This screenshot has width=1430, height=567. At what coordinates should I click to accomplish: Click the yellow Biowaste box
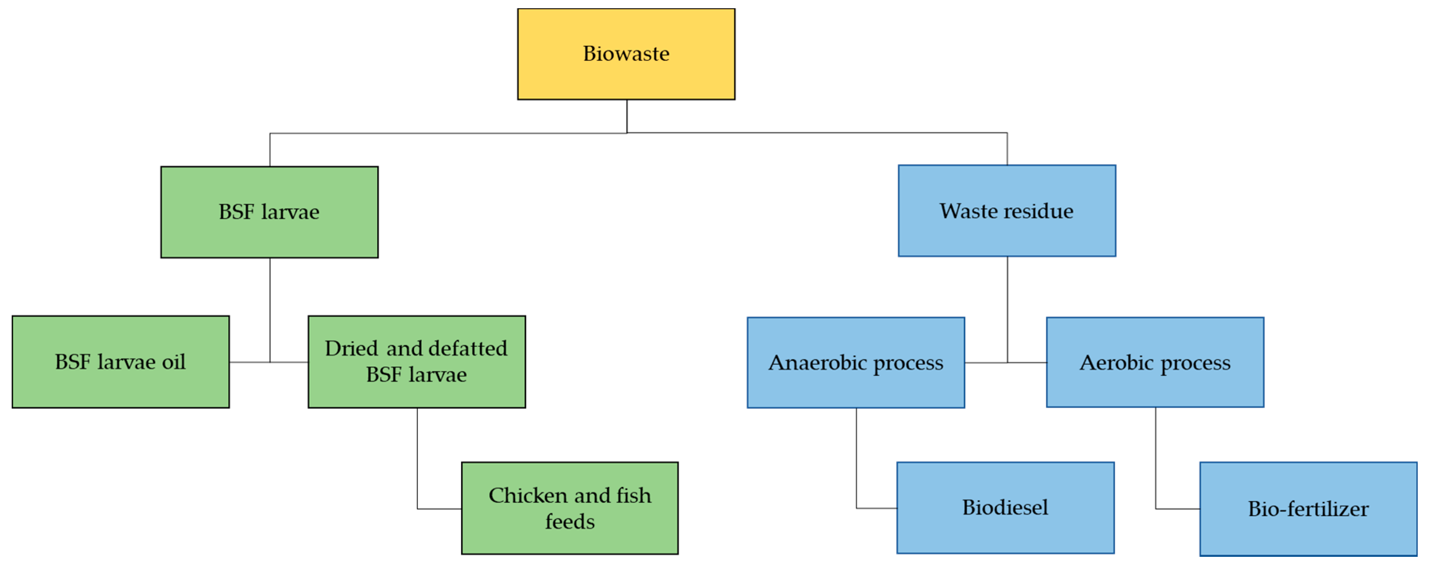coord(626,54)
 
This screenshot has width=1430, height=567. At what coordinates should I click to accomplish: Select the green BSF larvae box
coord(269,212)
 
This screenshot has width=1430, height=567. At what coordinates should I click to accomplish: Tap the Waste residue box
coord(1006,211)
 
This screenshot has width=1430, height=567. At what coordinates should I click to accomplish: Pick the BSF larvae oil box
coord(120,362)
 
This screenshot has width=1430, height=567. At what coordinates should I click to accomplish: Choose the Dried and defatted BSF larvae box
coord(416,362)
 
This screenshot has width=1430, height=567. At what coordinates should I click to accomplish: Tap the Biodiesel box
coord(1005,507)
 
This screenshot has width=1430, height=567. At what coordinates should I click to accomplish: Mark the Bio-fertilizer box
coord(1308,508)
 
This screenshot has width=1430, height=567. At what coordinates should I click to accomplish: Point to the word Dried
coord(351,349)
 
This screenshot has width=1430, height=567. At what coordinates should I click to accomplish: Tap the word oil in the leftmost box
coord(173,362)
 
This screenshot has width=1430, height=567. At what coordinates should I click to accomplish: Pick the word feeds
coord(570,522)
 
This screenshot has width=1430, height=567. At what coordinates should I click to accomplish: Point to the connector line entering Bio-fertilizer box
coord(1177,508)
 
